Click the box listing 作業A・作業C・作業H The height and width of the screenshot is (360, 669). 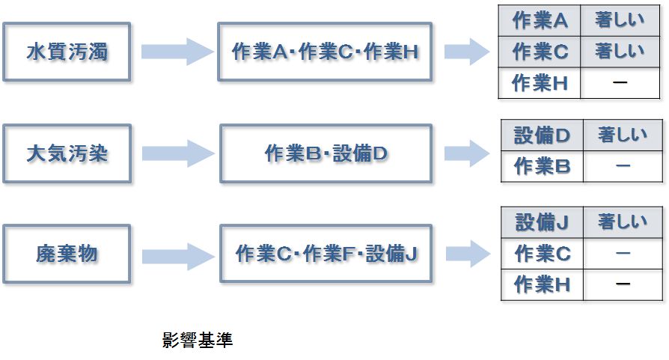(326, 52)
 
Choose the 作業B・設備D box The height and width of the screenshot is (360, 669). (326, 154)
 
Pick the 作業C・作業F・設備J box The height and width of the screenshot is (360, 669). (326, 254)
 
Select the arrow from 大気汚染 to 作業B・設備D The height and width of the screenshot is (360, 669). (177, 154)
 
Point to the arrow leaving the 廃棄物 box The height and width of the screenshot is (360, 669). (177, 254)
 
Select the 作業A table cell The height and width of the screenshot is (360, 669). (540, 21)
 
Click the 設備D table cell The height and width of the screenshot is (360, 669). (542, 135)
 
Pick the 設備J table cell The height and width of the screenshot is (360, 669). (542, 223)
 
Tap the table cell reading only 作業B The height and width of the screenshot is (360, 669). (542, 166)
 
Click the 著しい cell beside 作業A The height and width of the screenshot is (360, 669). (620, 21)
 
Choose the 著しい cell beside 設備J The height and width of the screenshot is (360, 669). (623, 223)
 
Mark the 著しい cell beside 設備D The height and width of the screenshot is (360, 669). (623, 135)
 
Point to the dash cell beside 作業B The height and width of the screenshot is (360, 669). (623, 166)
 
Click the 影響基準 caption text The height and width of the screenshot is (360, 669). (198, 341)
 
